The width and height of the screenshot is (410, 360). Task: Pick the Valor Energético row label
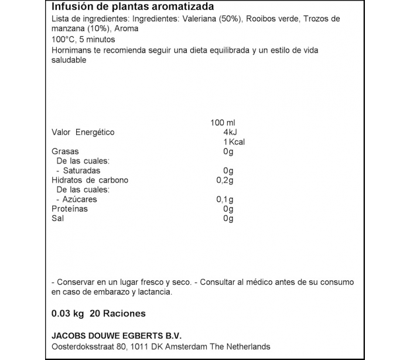(83, 133)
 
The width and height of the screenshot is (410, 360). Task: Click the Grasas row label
(65, 152)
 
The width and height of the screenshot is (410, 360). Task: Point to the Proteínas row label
(69, 209)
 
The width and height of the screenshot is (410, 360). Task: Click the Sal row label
(58, 219)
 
